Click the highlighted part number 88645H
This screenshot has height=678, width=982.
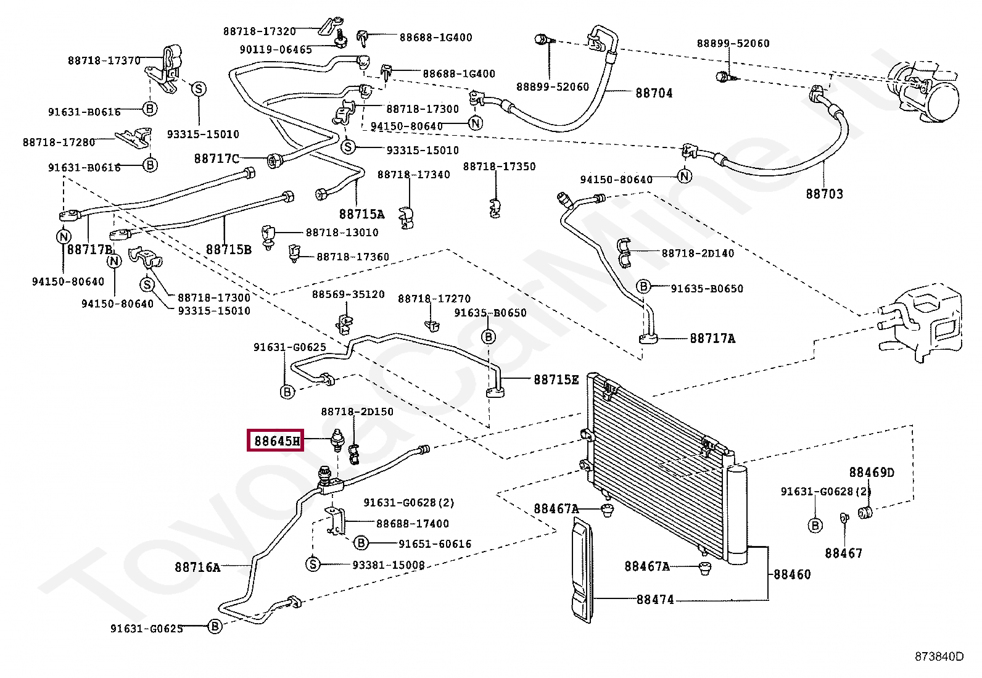pyautogui.click(x=277, y=440)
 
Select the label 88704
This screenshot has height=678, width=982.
pyautogui.click(x=654, y=93)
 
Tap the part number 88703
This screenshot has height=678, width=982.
pyautogui.click(x=824, y=194)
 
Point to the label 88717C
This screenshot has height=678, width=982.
pyautogui.click(x=217, y=159)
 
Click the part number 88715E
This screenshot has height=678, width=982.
pyautogui.click(x=556, y=380)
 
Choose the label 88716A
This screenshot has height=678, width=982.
pyautogui.click(x=197, y=568)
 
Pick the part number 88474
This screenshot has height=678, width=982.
pyautogui.click(x=655, y=600)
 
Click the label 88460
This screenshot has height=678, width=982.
pyautogui.click(x=792, y=574)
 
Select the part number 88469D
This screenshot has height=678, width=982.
pyautogui.click(x=872, y=473)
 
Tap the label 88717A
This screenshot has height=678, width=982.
pyautogui.click(x=712, y=338)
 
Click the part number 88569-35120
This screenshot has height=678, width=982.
pyautogui.click(x=348, y=294)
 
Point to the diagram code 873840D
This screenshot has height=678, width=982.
pyautogui.click(x=939, y=656)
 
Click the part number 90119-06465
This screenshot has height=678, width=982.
pyautogui.click(x=276, y=49)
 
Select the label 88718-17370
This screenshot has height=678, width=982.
pyautogui.click(x=104, y=60)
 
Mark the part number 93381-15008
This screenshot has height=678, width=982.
pyautogui.click(x=389, y=565)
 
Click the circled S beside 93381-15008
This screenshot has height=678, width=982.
pyautogui.click(x=313, y=564)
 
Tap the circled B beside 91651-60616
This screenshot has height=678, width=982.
pyautogui.click(x=361, y=544)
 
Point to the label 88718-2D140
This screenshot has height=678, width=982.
pyautogui.click(x=698, y=253)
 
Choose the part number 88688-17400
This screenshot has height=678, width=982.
pyautogui.click(x=413, y=524)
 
